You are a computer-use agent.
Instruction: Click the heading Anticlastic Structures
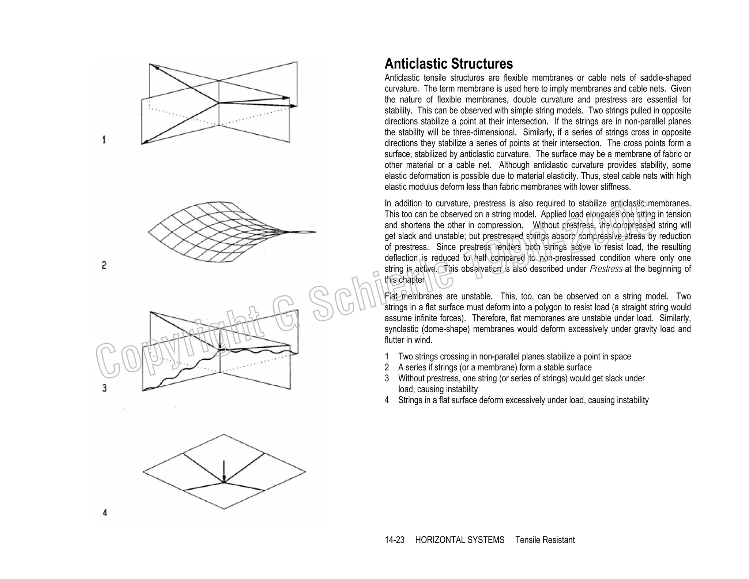pos(448,64)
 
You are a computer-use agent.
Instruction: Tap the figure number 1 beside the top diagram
pos(104,140)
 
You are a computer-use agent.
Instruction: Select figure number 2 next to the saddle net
pos(104,265)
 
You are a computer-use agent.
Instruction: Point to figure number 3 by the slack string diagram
pos(104,388)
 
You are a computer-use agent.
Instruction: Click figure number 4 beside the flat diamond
pos(105,512)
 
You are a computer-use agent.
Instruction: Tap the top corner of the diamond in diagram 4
pos(224,435)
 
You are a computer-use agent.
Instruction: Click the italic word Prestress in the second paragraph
pos(606,269)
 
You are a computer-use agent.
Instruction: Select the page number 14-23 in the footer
pos(394,540)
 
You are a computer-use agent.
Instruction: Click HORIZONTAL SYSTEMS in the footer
pos(459,540)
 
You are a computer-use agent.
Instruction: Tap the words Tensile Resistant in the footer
pos(545,540)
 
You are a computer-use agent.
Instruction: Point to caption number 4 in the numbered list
pos(387,400)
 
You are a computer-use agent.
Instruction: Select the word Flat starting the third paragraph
pos(391,296)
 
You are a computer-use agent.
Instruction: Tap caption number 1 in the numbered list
pos(387,356)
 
